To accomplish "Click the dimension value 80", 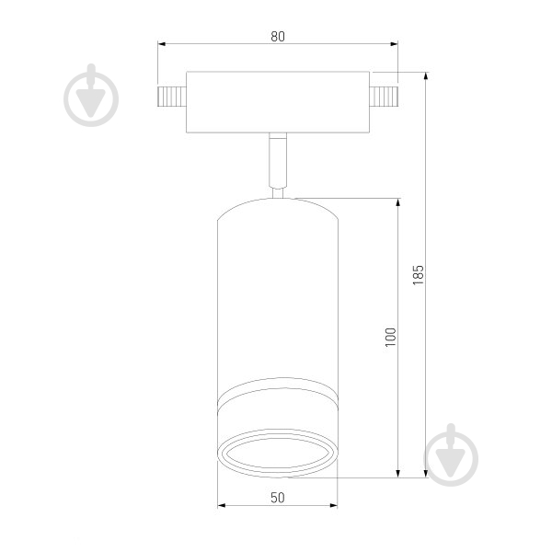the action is pos(278,37).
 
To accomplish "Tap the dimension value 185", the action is pos(419,274).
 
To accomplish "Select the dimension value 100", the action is pos(391,338).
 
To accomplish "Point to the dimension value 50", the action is pos(278,498).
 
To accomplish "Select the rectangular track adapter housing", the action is pos(278,102).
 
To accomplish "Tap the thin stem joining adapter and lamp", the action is pos(278,166).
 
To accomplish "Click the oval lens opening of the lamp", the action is pos(278,454).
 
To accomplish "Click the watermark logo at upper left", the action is pos(91,96).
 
